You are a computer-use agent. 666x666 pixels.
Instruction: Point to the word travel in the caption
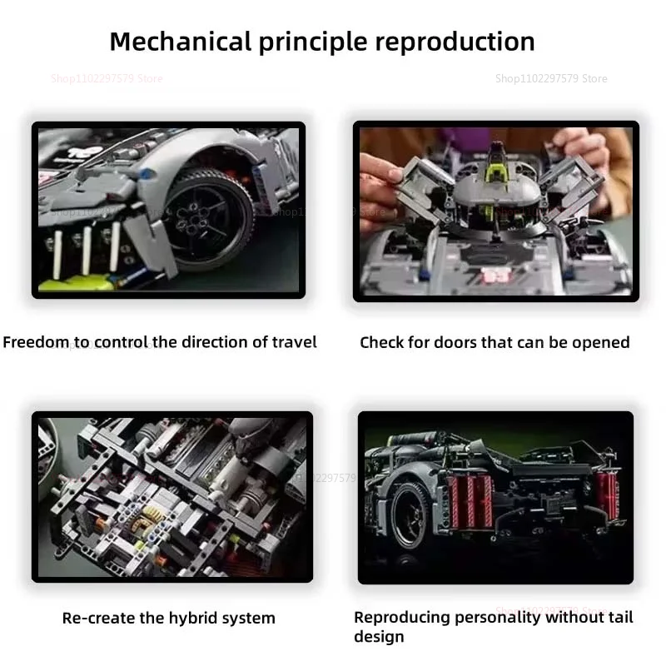[x=293, y=342]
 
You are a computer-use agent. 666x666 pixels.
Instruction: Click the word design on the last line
[x=379, y=637]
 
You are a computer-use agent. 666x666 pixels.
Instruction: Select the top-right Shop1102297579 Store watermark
[x=551, y=79]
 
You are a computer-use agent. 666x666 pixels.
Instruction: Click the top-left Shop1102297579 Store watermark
[x=107, y=79]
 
